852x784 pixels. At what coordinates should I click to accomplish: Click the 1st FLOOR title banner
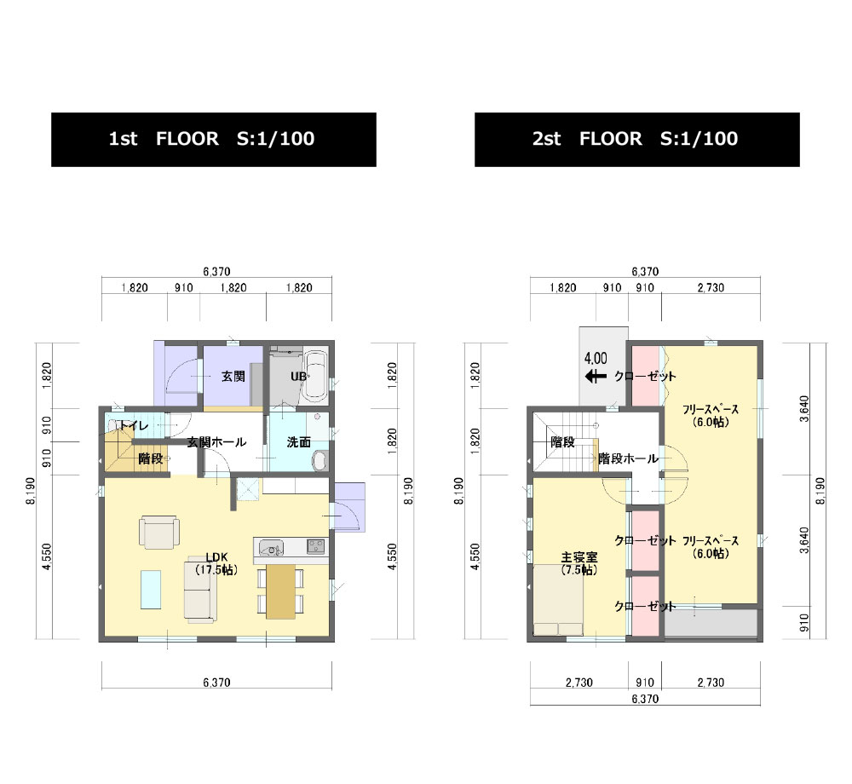[x=214, y=140]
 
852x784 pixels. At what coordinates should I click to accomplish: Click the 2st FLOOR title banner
[x=636, y=140]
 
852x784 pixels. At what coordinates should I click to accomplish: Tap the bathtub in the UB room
[x=314, y=375]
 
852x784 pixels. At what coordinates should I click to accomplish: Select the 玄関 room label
[x=233, y=376]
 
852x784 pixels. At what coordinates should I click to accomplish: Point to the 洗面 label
[x=299, y=442]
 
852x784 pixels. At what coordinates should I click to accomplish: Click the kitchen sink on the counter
[x=271, y=548]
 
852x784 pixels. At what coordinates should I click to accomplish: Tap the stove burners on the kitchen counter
[x=316, y=546]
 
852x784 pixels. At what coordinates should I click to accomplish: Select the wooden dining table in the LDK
[x=280, y=591]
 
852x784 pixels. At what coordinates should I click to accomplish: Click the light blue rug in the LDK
[x=151, y=590]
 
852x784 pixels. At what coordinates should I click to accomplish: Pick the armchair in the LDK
[x=159, y=532]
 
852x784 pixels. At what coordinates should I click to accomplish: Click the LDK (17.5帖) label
[x=216, y=563]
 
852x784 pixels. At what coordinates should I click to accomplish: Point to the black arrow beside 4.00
[x=596, y=376]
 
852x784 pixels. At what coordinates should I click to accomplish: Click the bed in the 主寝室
[x=559, y=601]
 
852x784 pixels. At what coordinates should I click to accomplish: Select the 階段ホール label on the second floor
[x=628, y=458]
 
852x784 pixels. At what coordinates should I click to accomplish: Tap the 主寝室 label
[x=579, y=556]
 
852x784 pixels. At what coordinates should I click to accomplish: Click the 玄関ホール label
[x=216, y=442]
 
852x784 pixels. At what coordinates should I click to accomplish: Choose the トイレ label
[x=134, y=425]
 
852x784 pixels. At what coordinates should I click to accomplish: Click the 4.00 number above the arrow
[x=596, y=359]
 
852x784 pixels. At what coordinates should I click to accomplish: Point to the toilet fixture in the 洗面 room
[x=320, y=461]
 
